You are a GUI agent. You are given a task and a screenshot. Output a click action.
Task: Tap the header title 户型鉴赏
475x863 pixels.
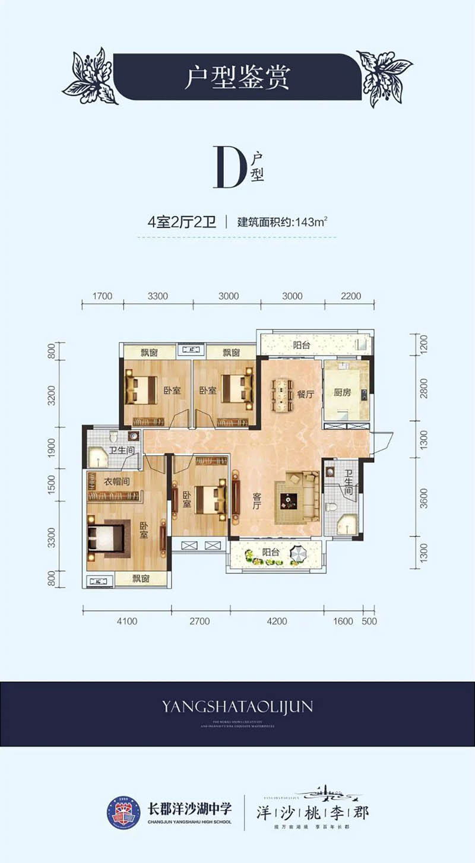[237, 77]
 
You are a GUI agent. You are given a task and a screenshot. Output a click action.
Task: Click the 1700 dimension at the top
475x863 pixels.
[102, 296]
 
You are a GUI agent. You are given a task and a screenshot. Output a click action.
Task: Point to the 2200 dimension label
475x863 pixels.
[351, 296]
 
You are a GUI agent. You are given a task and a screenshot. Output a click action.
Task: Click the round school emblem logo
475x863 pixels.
[123, 813]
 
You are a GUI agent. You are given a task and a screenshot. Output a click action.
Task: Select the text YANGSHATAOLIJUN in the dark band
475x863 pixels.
[237, 706]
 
